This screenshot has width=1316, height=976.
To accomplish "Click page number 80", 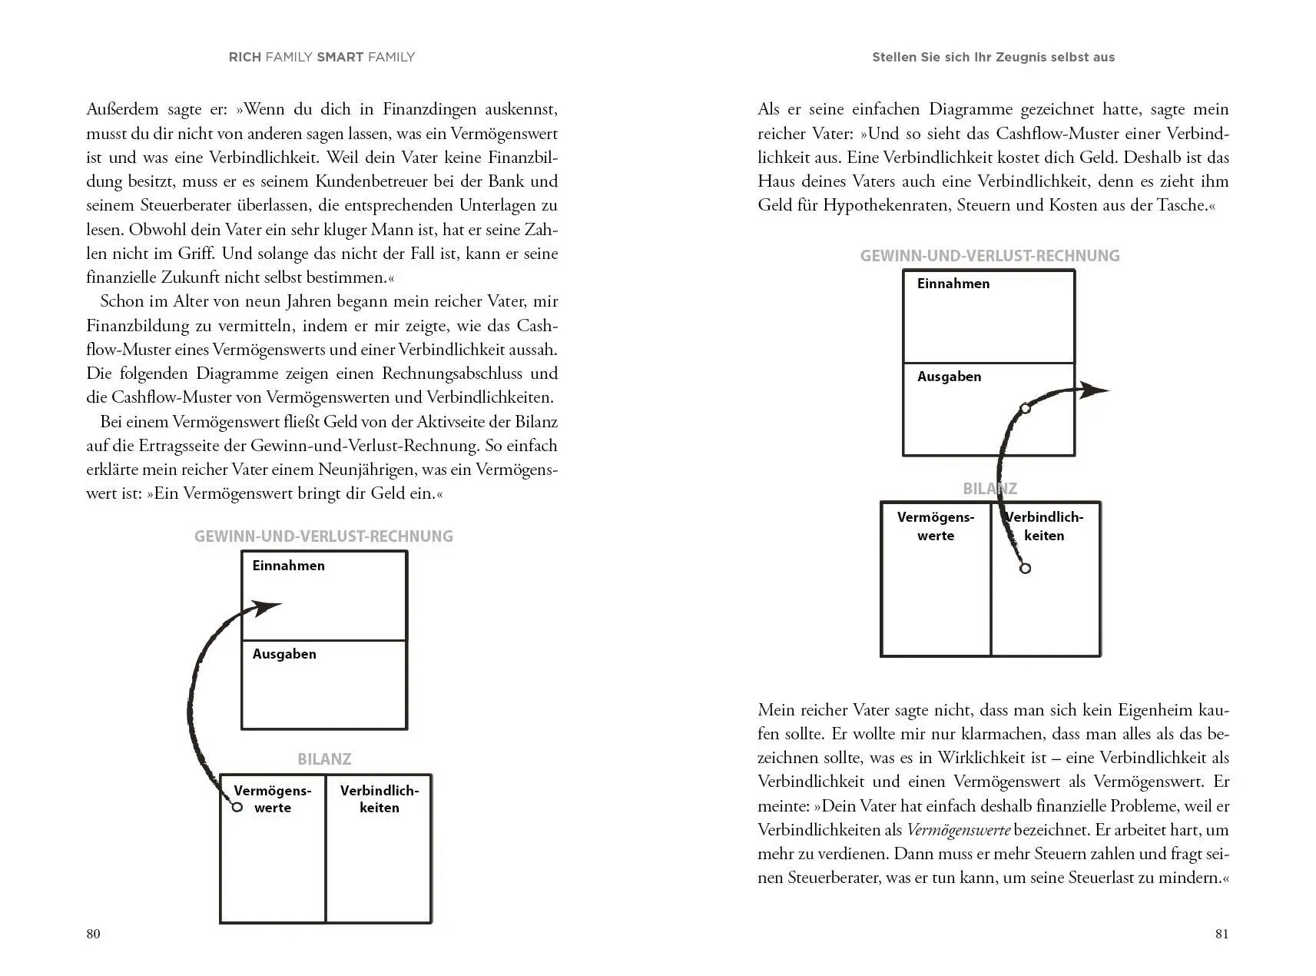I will [93, 934].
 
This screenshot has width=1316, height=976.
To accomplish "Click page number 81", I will [1222, 934].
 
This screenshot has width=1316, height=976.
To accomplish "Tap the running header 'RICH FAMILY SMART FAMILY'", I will [322, 57].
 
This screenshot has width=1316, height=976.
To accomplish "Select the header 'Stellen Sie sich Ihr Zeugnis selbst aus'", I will [993, 57].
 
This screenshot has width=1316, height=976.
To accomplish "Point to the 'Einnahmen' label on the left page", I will [288, 566].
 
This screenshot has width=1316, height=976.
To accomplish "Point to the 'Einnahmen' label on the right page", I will [953, 284].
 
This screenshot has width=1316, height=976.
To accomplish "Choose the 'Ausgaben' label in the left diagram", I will [284, 654].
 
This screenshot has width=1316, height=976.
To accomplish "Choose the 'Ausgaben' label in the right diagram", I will [949, 377].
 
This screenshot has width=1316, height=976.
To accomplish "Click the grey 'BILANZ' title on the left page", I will [324, 759].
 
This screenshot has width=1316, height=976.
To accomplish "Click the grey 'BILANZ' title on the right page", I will [989, 489].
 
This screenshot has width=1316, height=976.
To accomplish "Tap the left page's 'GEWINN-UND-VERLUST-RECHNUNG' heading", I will [323, 536].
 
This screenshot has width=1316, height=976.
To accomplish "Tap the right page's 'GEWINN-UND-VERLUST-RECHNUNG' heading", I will [989, 256].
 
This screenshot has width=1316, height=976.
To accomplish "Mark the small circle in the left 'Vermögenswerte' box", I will [237, 807].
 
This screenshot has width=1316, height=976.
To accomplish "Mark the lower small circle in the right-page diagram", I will [1025, 569].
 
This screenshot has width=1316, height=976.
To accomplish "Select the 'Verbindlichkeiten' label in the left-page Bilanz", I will [380, 799].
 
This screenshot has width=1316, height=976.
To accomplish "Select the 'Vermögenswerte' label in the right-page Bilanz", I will [936, 526].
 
